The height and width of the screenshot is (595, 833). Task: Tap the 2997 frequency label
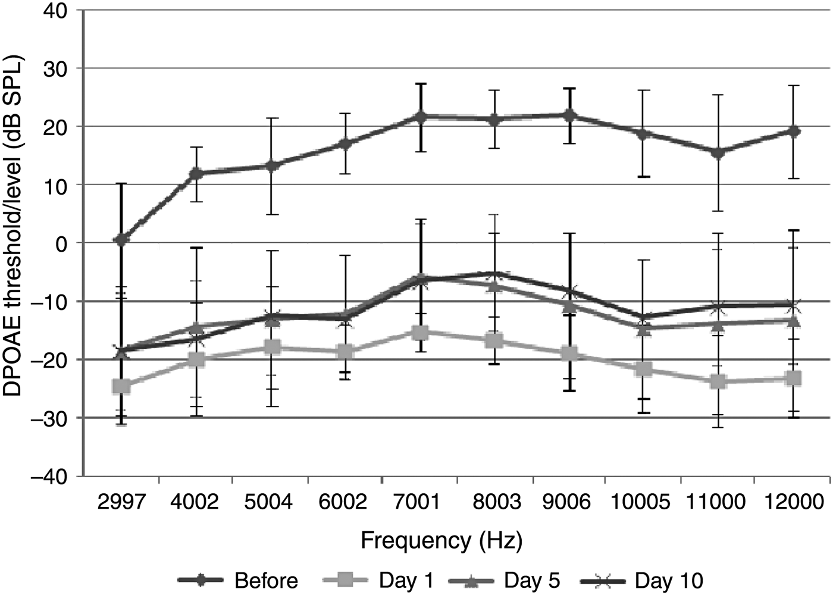[121, 502]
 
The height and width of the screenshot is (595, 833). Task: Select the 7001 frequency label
[419, 502]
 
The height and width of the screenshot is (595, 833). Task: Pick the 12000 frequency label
[793, 502]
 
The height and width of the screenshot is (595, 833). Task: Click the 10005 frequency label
[641, 502]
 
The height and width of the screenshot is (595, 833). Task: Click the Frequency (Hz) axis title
[441, 541]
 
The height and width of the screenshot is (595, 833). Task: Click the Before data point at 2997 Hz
[122, 240]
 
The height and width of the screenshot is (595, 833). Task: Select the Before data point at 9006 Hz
[569, 115]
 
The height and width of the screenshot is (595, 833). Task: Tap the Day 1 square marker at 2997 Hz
[122, 386]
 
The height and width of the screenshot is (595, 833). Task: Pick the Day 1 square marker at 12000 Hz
[793, 378]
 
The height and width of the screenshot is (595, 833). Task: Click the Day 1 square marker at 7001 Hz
[420, 333]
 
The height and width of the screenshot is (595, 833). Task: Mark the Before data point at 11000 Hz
[718, 153]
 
